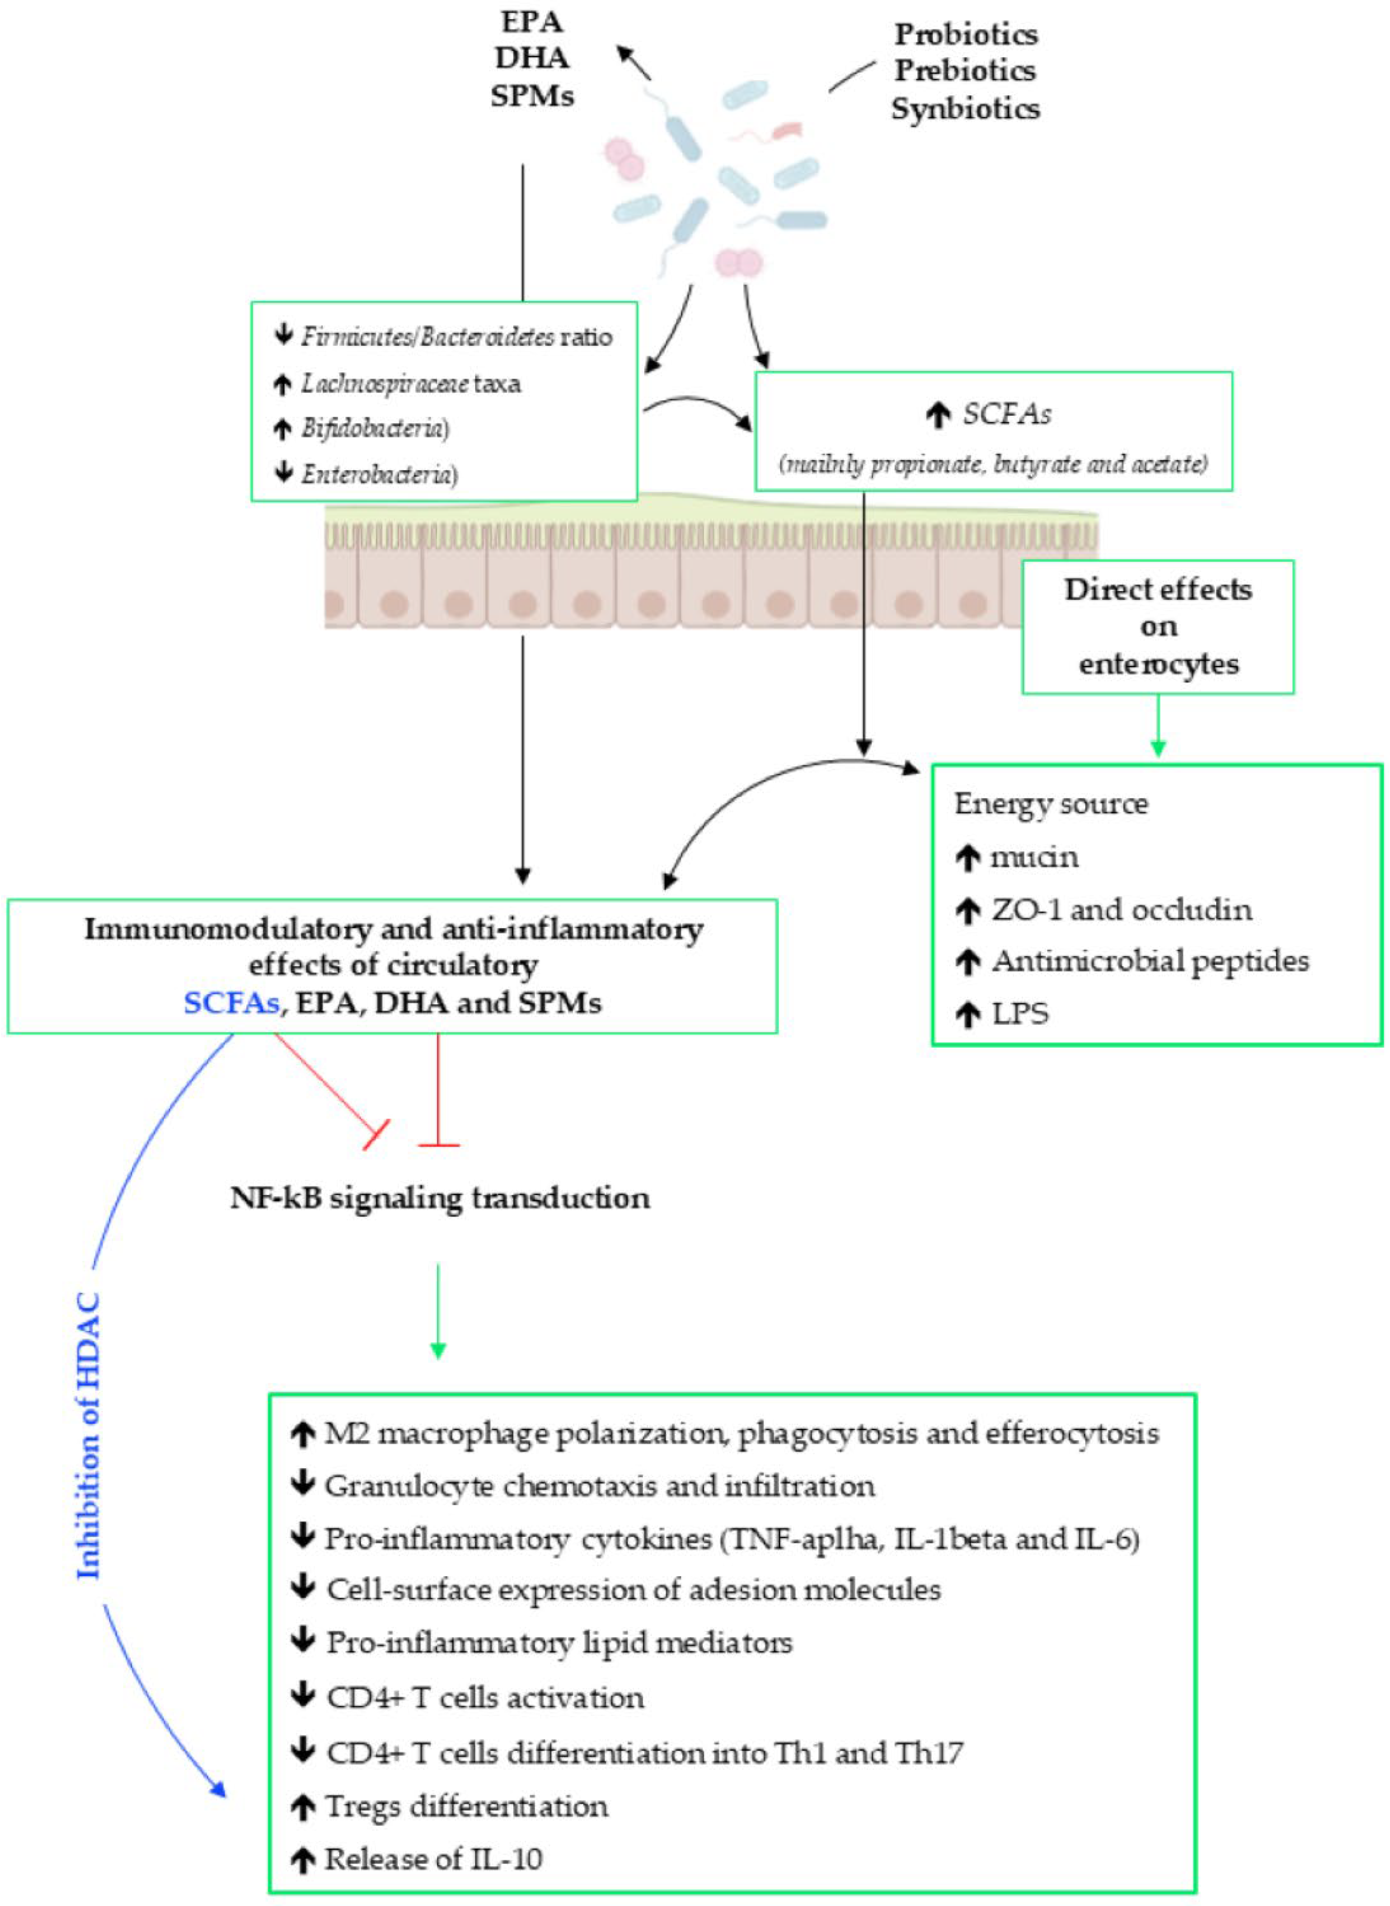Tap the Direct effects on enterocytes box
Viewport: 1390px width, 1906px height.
[1158, 627]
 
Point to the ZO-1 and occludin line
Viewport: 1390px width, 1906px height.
[1121, 909]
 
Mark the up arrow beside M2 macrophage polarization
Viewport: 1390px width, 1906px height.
[302, 1435]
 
